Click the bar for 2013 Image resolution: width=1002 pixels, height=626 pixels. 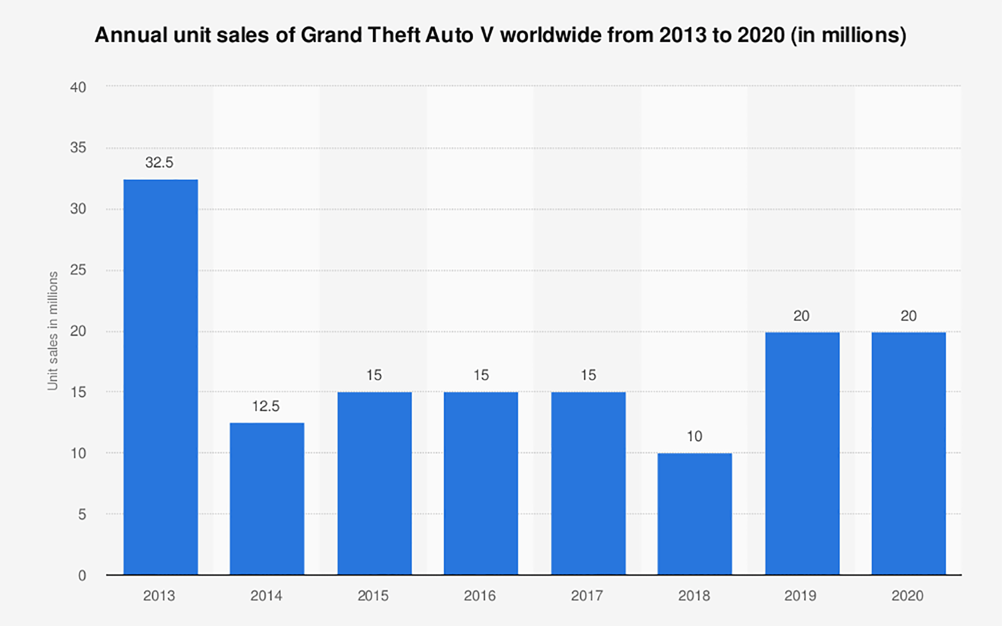click(161, 377)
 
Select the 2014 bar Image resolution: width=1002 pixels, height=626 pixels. click(267, 499)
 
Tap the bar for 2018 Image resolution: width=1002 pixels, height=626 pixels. click(695, 514)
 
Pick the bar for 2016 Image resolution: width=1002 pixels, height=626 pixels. click(481, 483)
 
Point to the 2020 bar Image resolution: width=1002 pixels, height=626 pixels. click(909, 453)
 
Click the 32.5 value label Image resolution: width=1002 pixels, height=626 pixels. click(159, 163)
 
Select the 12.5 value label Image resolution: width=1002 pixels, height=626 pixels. click(266, 406)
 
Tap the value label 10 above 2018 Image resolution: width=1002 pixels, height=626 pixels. click(695, 436)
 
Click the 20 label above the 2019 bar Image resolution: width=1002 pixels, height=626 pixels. click(802, 316)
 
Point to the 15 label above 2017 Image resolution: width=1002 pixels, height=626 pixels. click(588, 375)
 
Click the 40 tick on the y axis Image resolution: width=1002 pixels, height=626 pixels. click(78, 87)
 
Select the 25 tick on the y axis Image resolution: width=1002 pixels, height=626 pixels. click(78, 270)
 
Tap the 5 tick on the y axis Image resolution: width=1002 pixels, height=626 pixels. click(82, 515)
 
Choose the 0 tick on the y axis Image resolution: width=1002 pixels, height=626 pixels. click(82, 576)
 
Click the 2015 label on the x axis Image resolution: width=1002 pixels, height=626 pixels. click(373, 596)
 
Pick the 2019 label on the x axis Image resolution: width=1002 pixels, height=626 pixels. click(801, 596)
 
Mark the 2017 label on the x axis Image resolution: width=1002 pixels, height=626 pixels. click(587, 596)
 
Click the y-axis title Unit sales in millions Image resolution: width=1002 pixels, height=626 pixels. click(53, 331)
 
